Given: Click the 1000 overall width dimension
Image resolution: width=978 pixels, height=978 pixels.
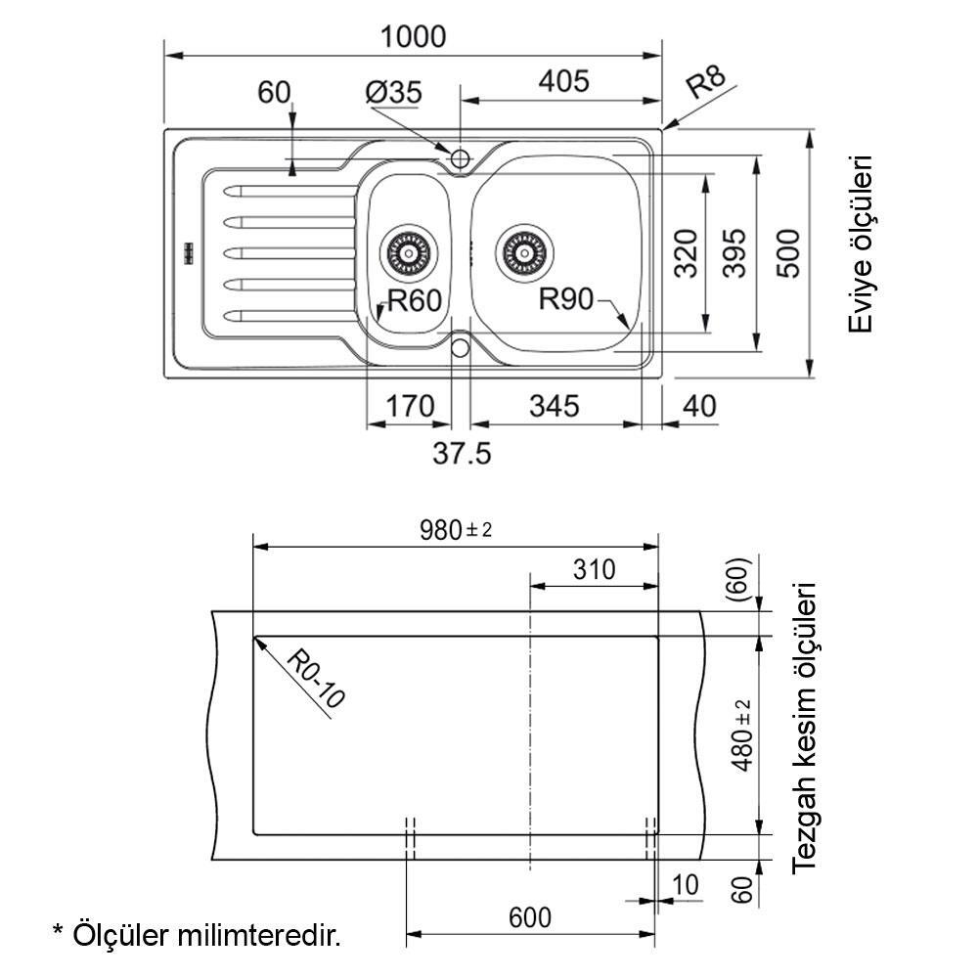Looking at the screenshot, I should click(x=413, y=36).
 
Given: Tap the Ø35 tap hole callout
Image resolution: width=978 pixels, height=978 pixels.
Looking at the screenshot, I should click(x=393, y=93).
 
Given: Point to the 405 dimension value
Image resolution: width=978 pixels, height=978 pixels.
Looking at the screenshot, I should click(x=563, y=81).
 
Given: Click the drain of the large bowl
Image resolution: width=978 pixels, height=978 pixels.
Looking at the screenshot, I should click(x=522, y=251).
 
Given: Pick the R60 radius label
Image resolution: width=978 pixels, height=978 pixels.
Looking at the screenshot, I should click(x=416, y=301).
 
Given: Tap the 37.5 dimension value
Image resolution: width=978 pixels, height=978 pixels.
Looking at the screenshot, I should click(x=462, y=454).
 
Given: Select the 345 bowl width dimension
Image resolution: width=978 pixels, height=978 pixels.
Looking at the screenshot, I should click(x=554, y=405).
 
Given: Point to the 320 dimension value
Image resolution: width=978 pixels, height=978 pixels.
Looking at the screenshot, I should click(x=688, y=253).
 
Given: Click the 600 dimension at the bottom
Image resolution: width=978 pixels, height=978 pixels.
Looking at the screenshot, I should click(x=529, y=917).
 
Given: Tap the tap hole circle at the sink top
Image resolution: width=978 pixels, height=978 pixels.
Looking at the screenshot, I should click(x=460, y=157).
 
